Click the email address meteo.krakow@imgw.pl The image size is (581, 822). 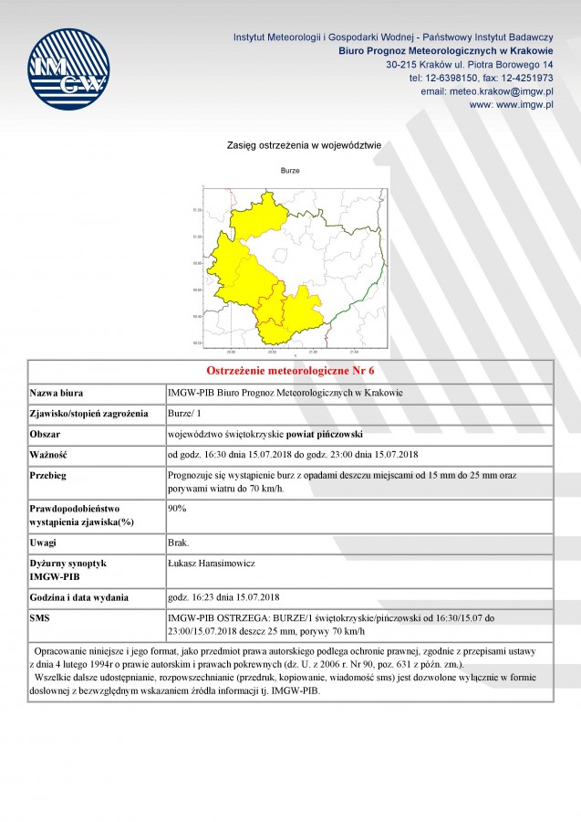tap(502, 91)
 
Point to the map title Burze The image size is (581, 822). tap(290, 171)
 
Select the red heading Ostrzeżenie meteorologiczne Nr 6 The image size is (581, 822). tap(290, 372)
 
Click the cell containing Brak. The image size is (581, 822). tap(179, 543)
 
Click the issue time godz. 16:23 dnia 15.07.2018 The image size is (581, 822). tap(223, 597)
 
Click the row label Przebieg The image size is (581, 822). tap(49, 476)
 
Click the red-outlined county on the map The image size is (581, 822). tap(272, 311)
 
